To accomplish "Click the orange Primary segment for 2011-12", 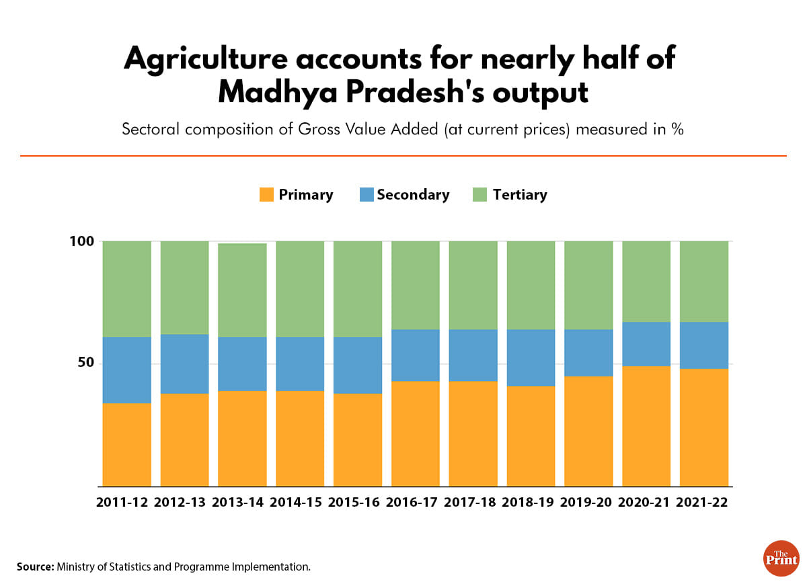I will (x=126, y=444).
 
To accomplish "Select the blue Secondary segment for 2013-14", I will (x=242, y=364).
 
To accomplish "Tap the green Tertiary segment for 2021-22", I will (x=704, y=282).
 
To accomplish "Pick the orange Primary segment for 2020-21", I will (x=646, y=426).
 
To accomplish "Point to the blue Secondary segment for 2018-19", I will (x=531, y=358).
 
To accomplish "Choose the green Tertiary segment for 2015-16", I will (x=358, y=289).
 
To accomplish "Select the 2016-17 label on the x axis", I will (x=415, y=503).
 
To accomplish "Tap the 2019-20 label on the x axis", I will (x=588, y=503).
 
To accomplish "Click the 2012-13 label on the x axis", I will (x=184, y=503).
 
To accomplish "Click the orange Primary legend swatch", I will (x=266, y=195).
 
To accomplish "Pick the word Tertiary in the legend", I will (x=520, y=195).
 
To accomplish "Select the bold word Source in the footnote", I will (x=35, y=567).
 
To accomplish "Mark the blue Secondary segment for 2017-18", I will (x=473, y=355).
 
